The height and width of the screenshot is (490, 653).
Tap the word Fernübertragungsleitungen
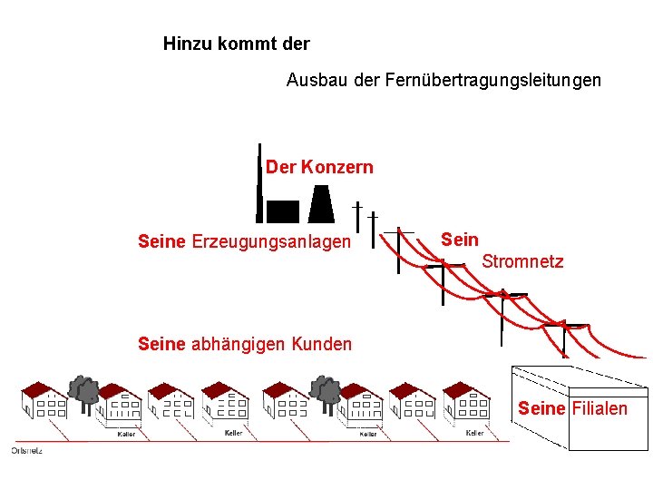click(492, 81)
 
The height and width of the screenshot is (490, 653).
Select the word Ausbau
click(311, 81)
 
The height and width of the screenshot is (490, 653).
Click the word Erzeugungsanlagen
click(271, 242)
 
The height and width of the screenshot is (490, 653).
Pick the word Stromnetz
click(522, 262)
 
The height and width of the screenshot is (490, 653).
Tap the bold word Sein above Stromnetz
click(459, 240)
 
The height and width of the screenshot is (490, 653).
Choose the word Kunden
click(323, 344)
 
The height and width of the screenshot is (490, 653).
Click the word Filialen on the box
click(599, 408)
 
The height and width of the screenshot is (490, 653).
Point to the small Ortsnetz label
click(26, 450)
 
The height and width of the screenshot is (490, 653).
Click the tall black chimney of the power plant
click(259, 182)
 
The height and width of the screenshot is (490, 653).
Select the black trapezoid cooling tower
click(321, 204)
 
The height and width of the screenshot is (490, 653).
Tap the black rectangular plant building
click(282, 211)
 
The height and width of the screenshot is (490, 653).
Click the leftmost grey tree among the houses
click(85, 390)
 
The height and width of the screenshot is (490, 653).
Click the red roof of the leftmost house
click(38, 391)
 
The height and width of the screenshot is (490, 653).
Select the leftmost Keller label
click(126, 434)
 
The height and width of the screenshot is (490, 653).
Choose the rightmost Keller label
click(474, 433)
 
